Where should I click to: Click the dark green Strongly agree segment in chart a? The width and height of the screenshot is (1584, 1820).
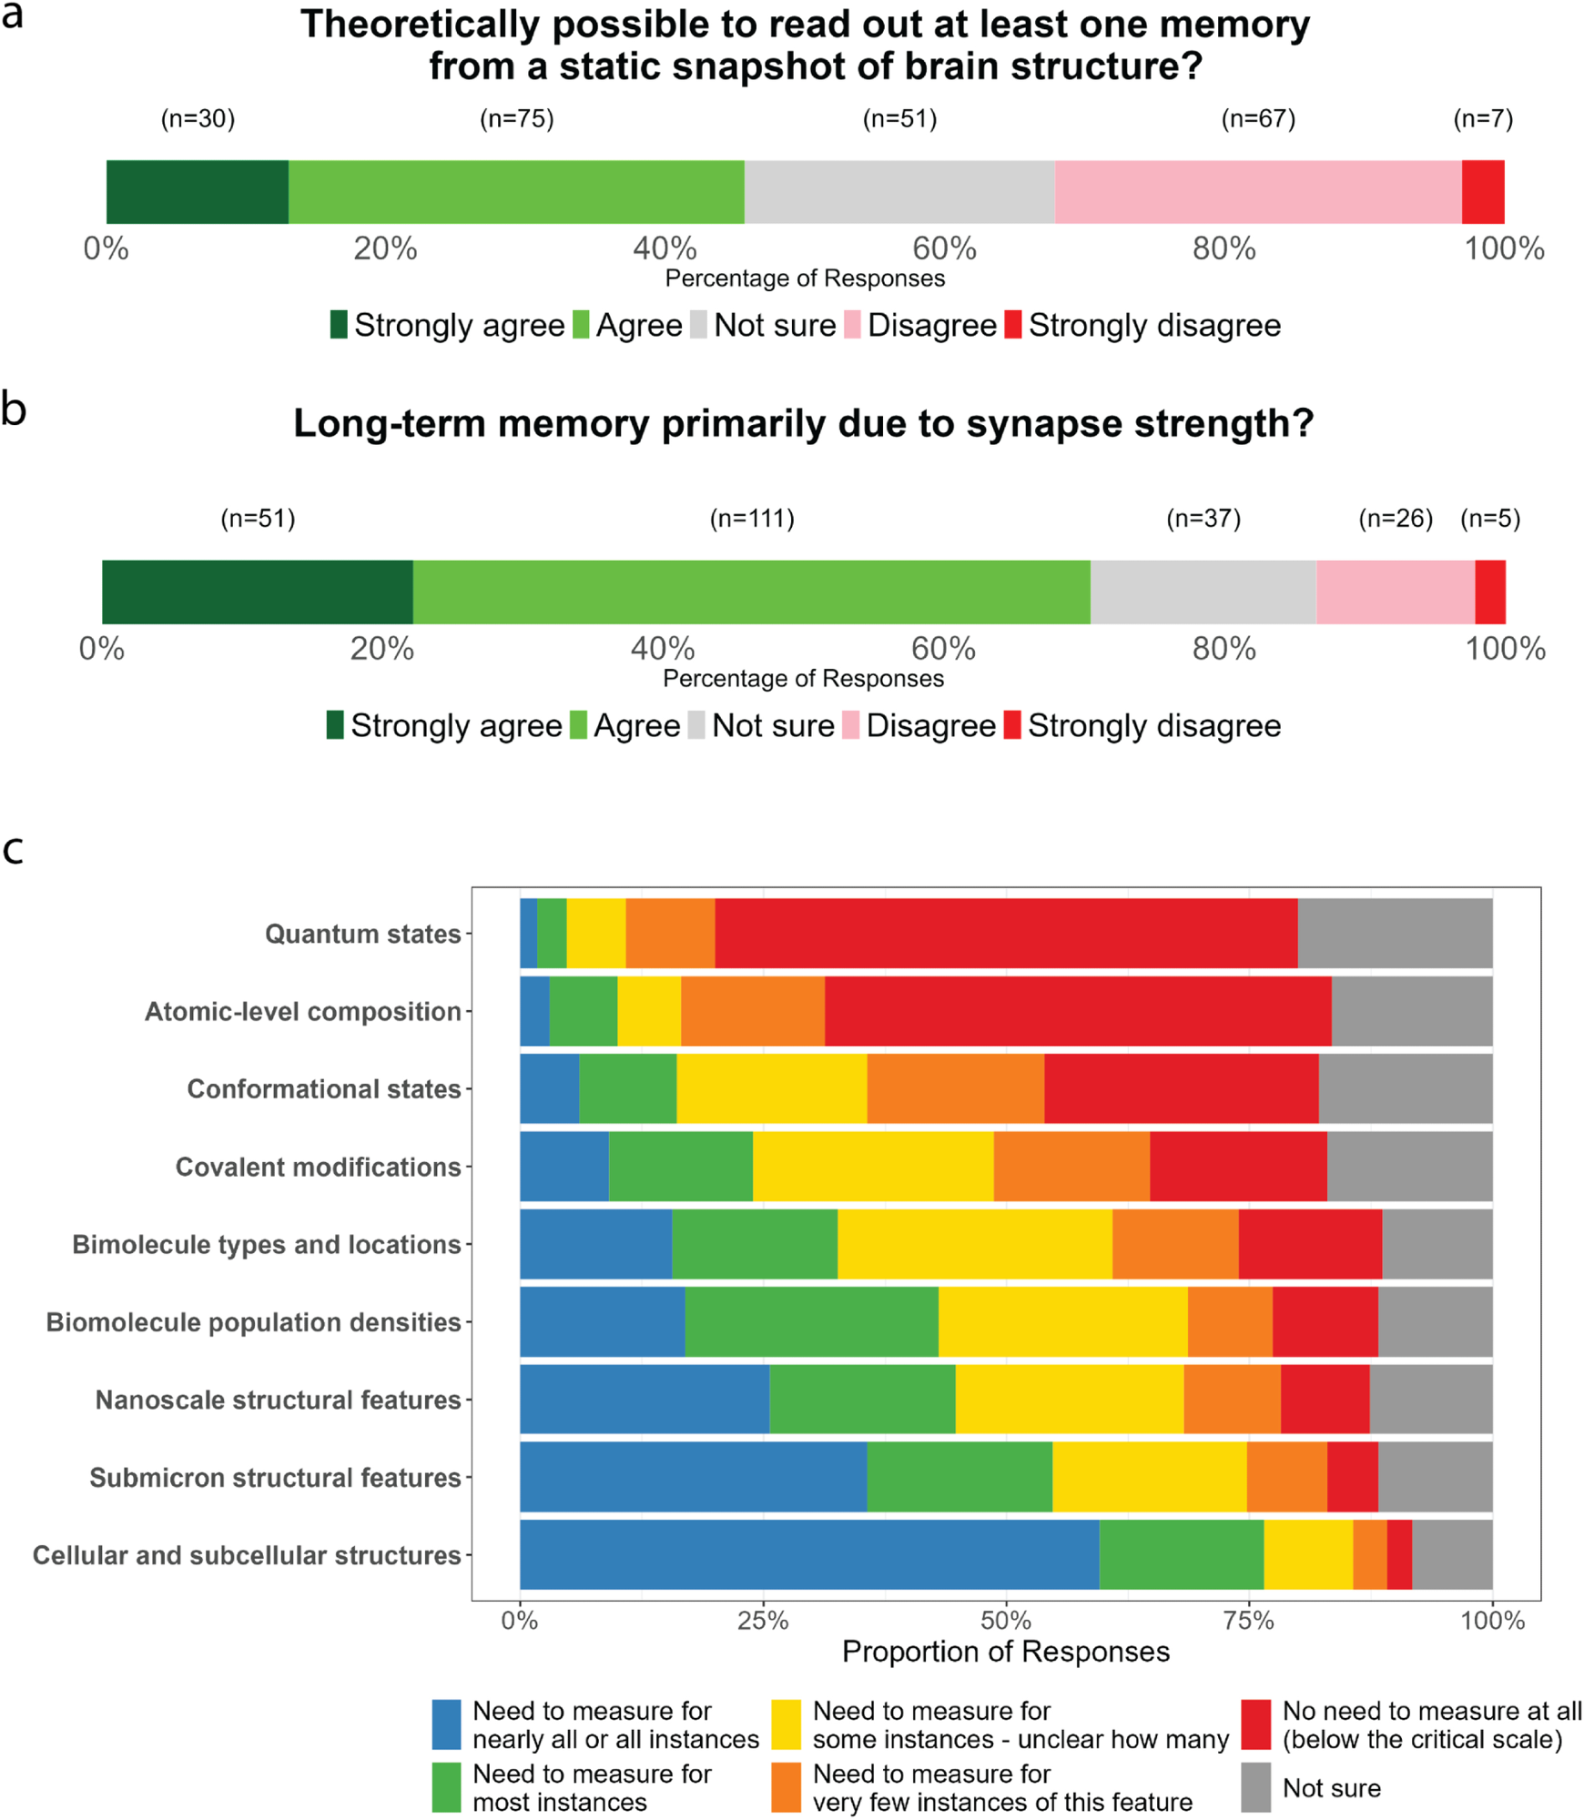click(197, 192)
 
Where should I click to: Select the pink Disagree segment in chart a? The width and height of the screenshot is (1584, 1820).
click(1257, 192)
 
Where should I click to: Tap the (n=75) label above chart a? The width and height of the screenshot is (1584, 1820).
click(516, 119)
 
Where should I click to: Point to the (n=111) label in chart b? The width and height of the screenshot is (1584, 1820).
click(752, 519)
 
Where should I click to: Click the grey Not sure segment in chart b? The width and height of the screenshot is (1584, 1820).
click(1203, 592)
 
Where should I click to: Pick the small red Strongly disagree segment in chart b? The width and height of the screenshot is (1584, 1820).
click(1489, 592)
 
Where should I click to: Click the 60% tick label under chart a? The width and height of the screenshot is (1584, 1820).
click(944, 248)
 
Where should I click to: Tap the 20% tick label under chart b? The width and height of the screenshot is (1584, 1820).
click(382, 649)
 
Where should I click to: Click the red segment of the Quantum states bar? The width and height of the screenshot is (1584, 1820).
click(1005, 934)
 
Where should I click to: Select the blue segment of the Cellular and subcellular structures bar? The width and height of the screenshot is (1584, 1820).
click(808, 1554)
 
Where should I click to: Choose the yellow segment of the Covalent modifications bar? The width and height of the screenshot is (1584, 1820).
click(872, 1167)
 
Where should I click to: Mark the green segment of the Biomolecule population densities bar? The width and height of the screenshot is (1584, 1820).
click(811, 1321)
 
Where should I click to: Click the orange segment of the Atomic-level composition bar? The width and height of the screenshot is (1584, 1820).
click(752, 1011)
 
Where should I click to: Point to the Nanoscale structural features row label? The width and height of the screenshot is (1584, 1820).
click(278, 1400)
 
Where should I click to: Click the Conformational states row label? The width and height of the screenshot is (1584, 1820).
click(323, 1089)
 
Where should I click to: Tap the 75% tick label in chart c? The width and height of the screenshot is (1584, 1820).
click(1249, 1621)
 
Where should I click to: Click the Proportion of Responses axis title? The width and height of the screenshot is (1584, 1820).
click(1005, 1652)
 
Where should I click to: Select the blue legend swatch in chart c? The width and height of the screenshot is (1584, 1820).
click(446, 1724)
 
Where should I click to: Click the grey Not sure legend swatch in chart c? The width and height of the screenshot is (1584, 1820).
click(1256, 1787)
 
